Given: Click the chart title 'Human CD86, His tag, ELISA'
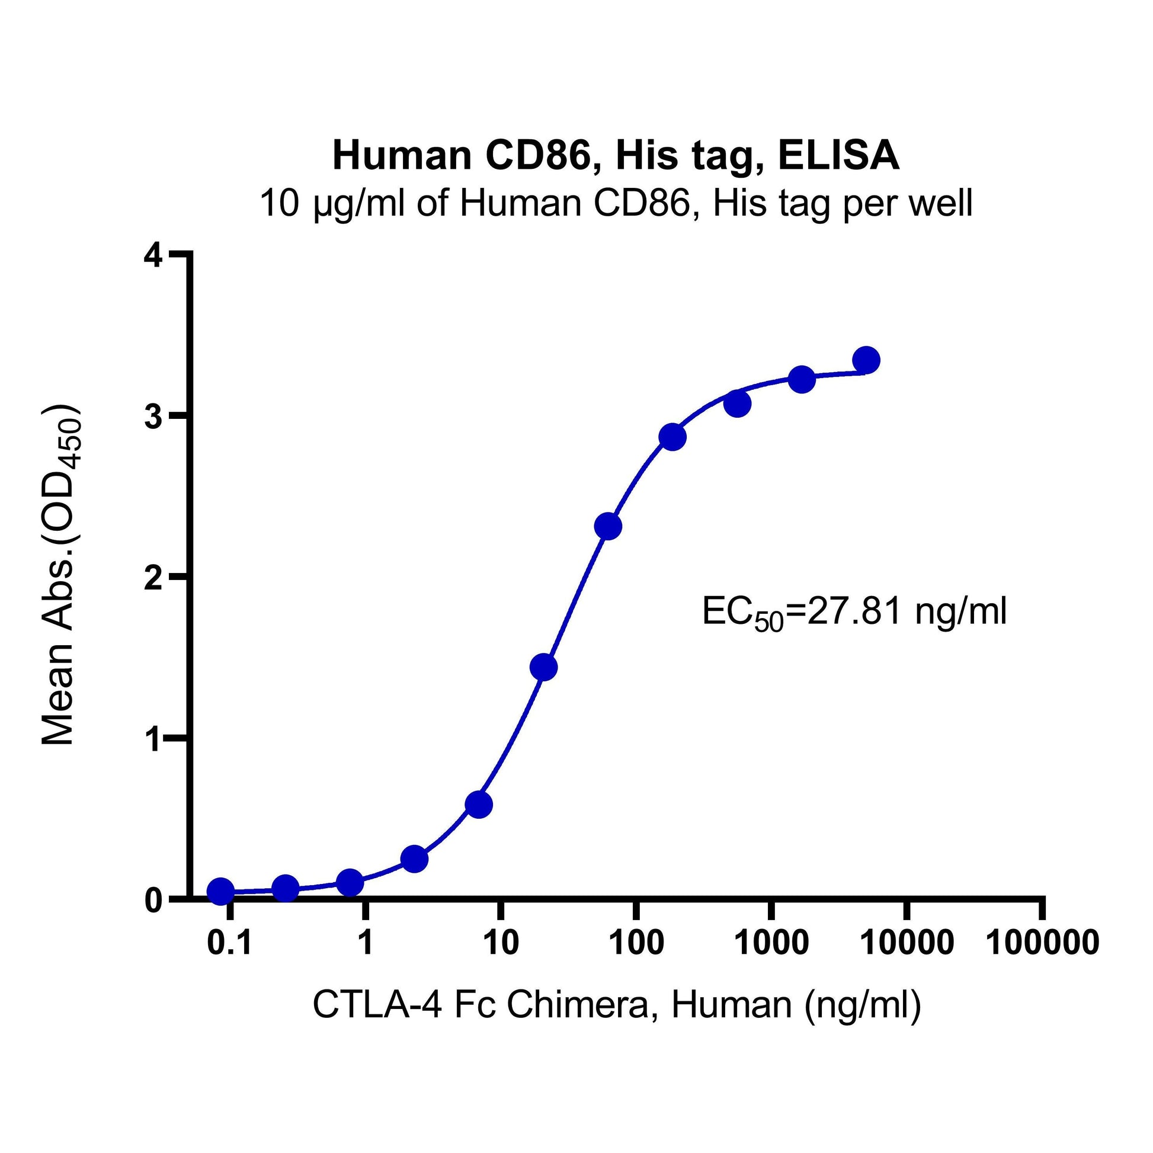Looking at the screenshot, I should [615, 156].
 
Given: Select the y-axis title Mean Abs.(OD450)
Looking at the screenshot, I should [59, 576].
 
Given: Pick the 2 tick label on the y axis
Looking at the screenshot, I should [153, 578].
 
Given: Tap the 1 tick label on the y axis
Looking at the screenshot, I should [153, 739].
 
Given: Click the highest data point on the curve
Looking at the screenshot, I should [866, 360].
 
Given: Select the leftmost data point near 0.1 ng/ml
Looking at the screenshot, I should [220, 891].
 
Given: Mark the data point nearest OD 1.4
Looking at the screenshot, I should [543, 667].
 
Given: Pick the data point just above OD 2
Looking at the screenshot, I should [608, 526].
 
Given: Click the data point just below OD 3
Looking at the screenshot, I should [672, 437].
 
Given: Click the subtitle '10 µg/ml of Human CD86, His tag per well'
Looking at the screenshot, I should [615, 203].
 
